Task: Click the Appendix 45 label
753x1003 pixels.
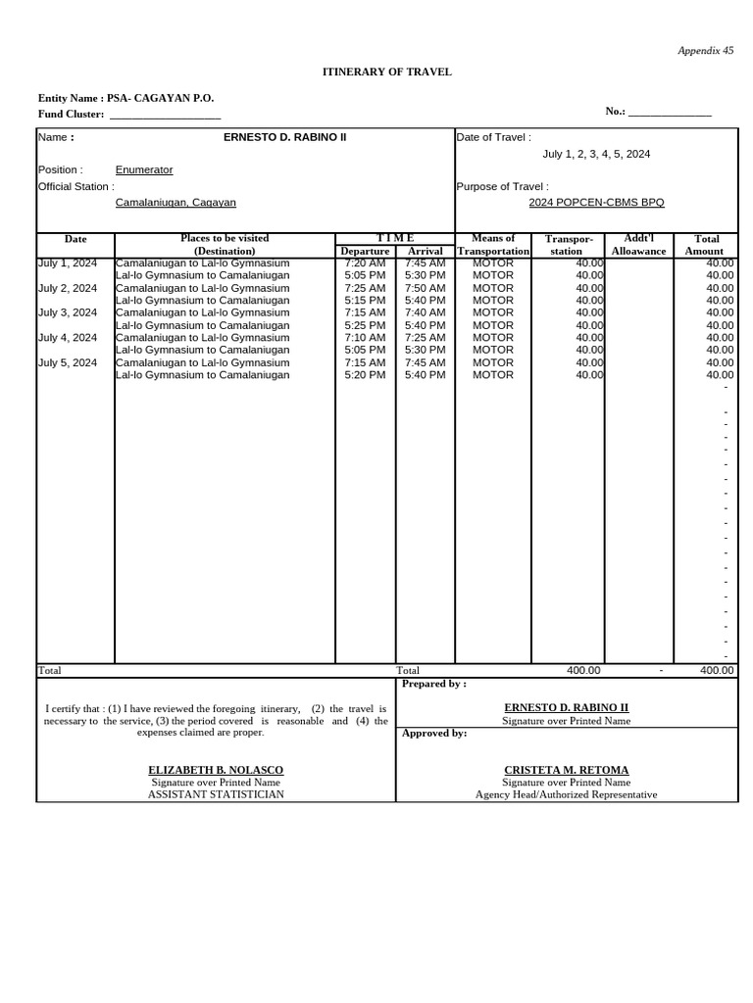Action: pos(707,50)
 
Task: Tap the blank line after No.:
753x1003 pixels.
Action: pos(670,113)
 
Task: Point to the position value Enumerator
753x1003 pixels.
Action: pos(144,169)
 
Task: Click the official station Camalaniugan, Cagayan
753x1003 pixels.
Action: pos(176,202)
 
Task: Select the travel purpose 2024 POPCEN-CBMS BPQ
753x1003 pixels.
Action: pos(596,202)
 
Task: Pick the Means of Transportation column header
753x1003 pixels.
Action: pos(493,245)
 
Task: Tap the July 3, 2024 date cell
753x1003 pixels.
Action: pos(68,312)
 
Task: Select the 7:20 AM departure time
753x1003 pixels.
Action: pos(365,263)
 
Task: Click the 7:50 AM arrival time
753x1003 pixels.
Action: pos(425,288)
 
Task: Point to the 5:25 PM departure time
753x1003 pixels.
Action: pos(365,325)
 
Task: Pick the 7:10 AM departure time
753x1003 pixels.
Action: pos(365,337)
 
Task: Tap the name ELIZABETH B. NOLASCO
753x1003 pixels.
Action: pos(216,770)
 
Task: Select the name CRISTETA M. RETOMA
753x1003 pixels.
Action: pos(566,770)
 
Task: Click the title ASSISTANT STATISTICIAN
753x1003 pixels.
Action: pos(216,794)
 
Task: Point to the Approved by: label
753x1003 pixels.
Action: pos(434,733)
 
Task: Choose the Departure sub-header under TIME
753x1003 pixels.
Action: pos(365,251)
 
